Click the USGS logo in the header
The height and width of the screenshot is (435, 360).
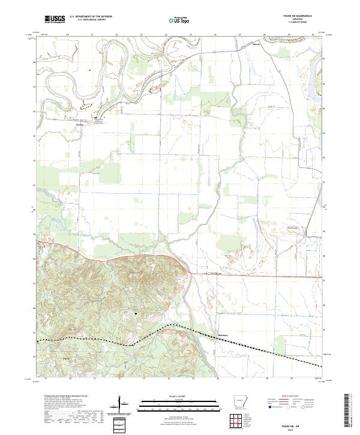(x=54, y=19)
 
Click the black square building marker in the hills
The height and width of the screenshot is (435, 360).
(x=136, y=313)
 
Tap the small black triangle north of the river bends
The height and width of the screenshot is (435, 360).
(x=89, y=70)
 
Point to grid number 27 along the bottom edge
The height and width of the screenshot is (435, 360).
(x=241, y=379)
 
